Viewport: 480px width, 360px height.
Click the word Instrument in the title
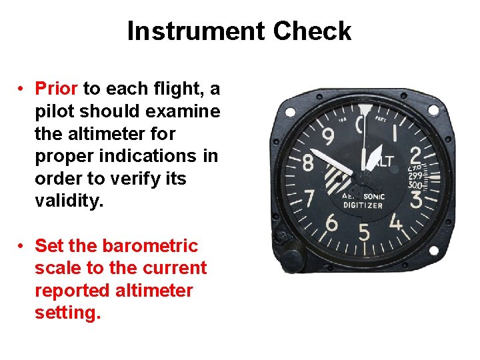coord(196,31)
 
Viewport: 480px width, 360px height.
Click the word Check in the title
coord(312,31)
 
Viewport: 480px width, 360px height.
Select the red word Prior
coord(57,88)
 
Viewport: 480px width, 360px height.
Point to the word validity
coord(69,201)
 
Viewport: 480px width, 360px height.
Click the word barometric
coord(150,246)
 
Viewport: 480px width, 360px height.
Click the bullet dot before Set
coord(22,246)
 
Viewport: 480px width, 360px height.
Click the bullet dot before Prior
coord(22,88)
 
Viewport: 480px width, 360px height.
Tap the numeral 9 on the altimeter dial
coord(328,138)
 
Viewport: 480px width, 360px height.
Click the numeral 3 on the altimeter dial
coord(417,199)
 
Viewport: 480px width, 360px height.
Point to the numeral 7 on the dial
coord(309,199)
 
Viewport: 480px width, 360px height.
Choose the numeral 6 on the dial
coord(331,223)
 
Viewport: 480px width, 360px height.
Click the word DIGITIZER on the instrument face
coord(363,205)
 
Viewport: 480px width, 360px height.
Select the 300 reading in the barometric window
coord(415,185)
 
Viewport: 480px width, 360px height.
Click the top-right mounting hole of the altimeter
coord(433,110)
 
